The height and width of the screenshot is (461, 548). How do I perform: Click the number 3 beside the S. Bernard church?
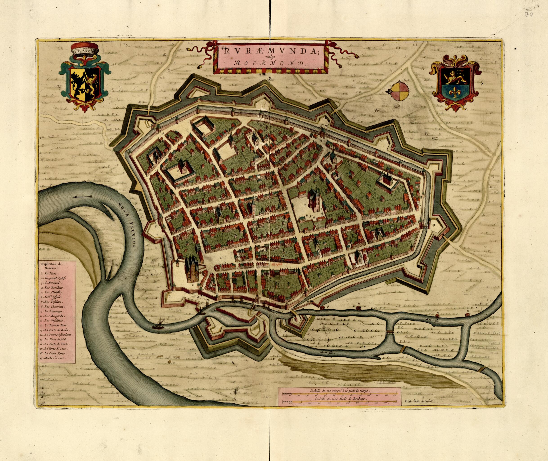coord(305,205)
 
